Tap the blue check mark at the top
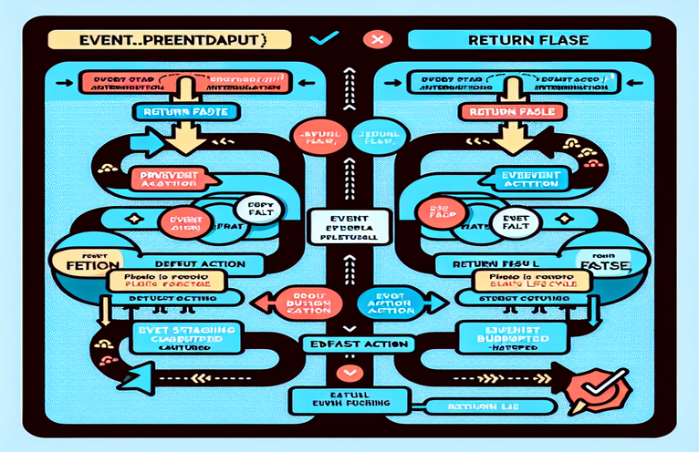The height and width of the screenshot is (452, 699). [x=326, y=39]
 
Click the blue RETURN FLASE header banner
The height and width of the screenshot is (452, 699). [x=530, y=40]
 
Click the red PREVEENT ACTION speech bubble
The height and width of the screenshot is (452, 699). [x=163, y=179]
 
